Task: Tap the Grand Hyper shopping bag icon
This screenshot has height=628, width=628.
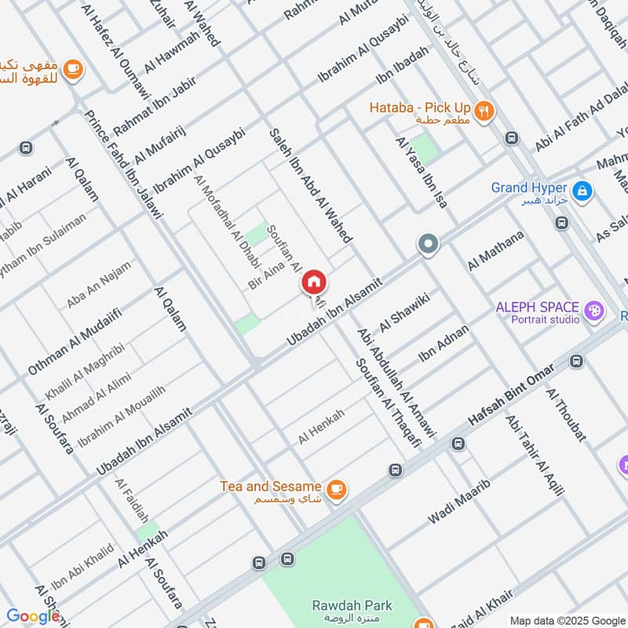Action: pos(582,189)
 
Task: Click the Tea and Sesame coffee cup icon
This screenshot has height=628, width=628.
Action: pos(335,488)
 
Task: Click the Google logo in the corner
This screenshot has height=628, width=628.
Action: pos(33,615)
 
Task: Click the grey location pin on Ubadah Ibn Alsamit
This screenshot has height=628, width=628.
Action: pos(428,245)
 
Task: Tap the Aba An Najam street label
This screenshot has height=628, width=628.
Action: pos(99,284)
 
